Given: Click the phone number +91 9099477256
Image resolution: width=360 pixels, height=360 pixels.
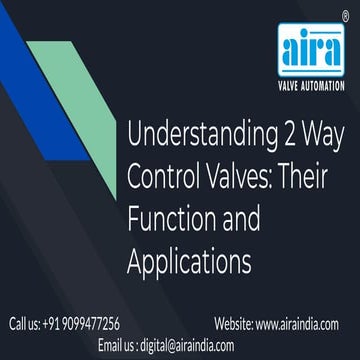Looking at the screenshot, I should (x=84, y=323).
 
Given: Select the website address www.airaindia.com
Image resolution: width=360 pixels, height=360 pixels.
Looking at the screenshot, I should (x=297, y=323).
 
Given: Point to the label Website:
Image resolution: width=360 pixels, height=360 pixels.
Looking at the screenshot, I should (x=233, y=323).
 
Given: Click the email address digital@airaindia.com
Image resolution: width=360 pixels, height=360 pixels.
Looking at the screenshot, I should (x=184, y=345).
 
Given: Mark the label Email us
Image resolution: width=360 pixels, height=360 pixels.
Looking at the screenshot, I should (x=117, y=345).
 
